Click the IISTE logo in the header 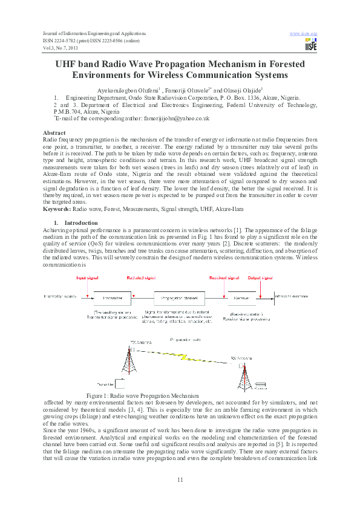[x=311, y=44]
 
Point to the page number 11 [x=180, y=479]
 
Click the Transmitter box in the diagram [x=112, y=298]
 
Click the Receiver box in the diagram [x=241, y=298]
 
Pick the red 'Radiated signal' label [x=140, y=278]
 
